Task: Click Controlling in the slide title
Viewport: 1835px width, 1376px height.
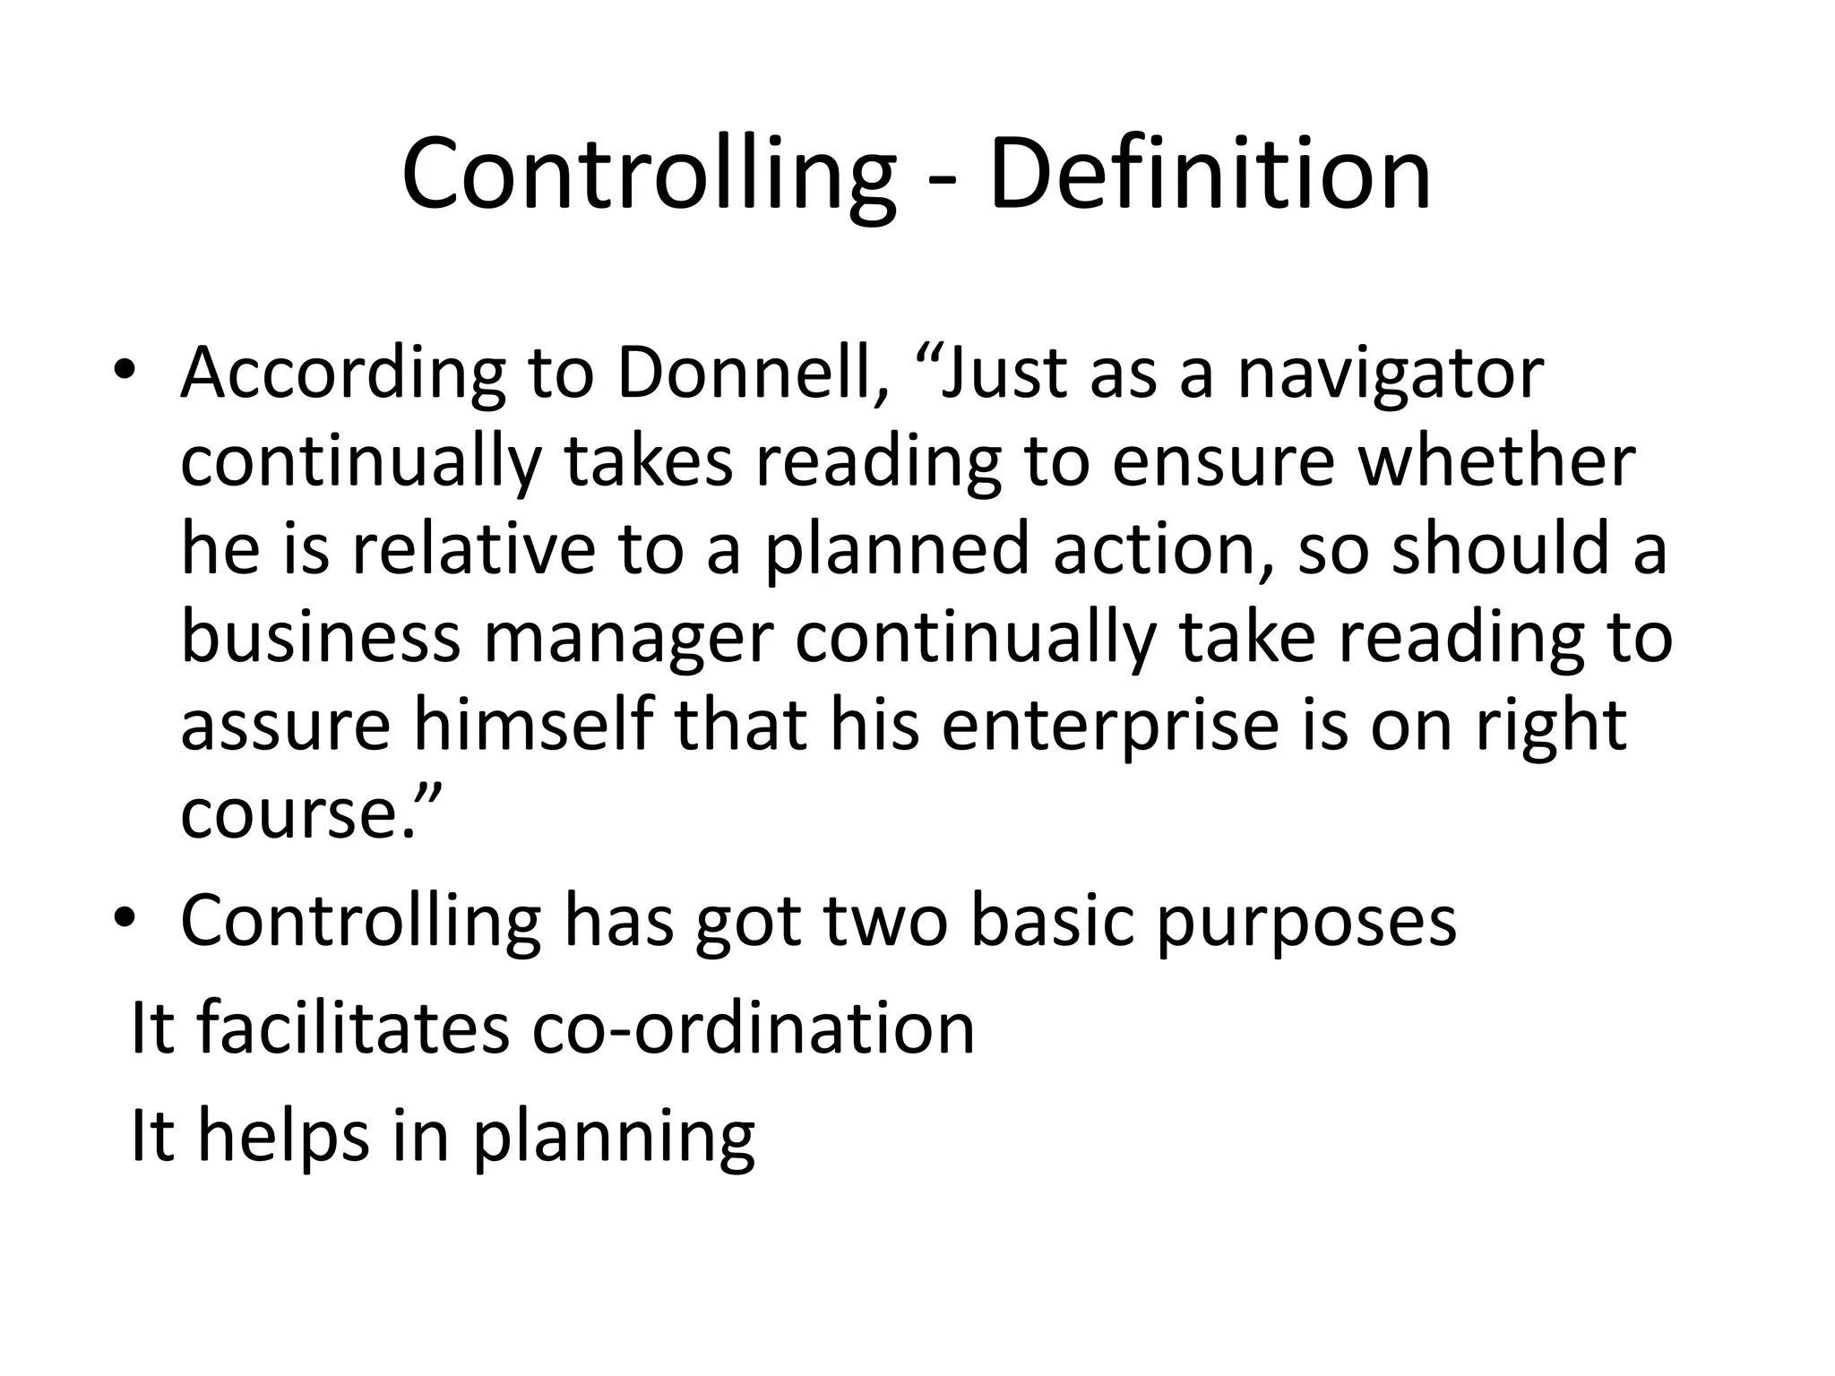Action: point(648,174)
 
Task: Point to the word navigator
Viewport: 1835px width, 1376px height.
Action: point(1391,374)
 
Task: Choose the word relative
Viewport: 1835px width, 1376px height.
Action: point(473,548)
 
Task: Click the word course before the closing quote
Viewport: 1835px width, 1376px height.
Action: point(286,813)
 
